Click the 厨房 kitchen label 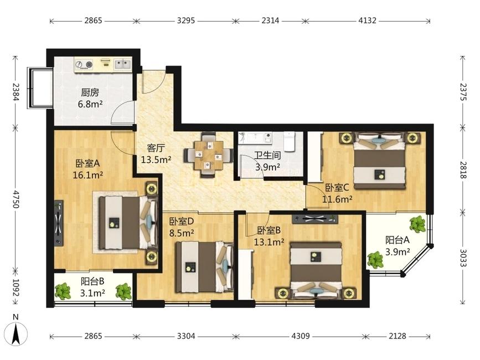click(90, 92)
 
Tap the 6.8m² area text click(90, 104)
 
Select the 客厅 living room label click(156, 148)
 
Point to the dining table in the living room click(208, 155)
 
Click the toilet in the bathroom click(288, 141)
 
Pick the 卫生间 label click(268, 156)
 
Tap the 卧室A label click(88, 163)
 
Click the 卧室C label click(337, 187)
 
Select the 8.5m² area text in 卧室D click(182, 233)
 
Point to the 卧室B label click(269, 230)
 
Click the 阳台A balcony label click(398, 240)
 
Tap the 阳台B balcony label click(93, 281)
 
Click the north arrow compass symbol click(16, 332)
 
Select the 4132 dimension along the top click(368, 20)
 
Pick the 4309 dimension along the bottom click(301, 336)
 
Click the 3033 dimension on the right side click(463, 258)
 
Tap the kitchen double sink click(123, 64)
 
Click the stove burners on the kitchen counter click(85, 65)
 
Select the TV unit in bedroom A click(59, 223)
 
